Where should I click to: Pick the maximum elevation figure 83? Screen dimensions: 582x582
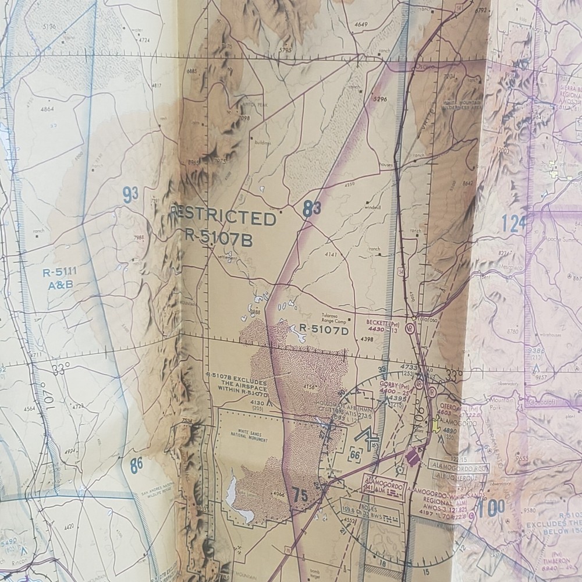(312, 210)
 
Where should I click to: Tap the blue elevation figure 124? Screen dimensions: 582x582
(513, 223)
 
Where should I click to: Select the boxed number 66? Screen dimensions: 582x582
(355, 455)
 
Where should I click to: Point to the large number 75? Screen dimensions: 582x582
(300, 496)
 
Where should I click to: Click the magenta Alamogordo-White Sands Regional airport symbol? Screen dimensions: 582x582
(412, 457)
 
